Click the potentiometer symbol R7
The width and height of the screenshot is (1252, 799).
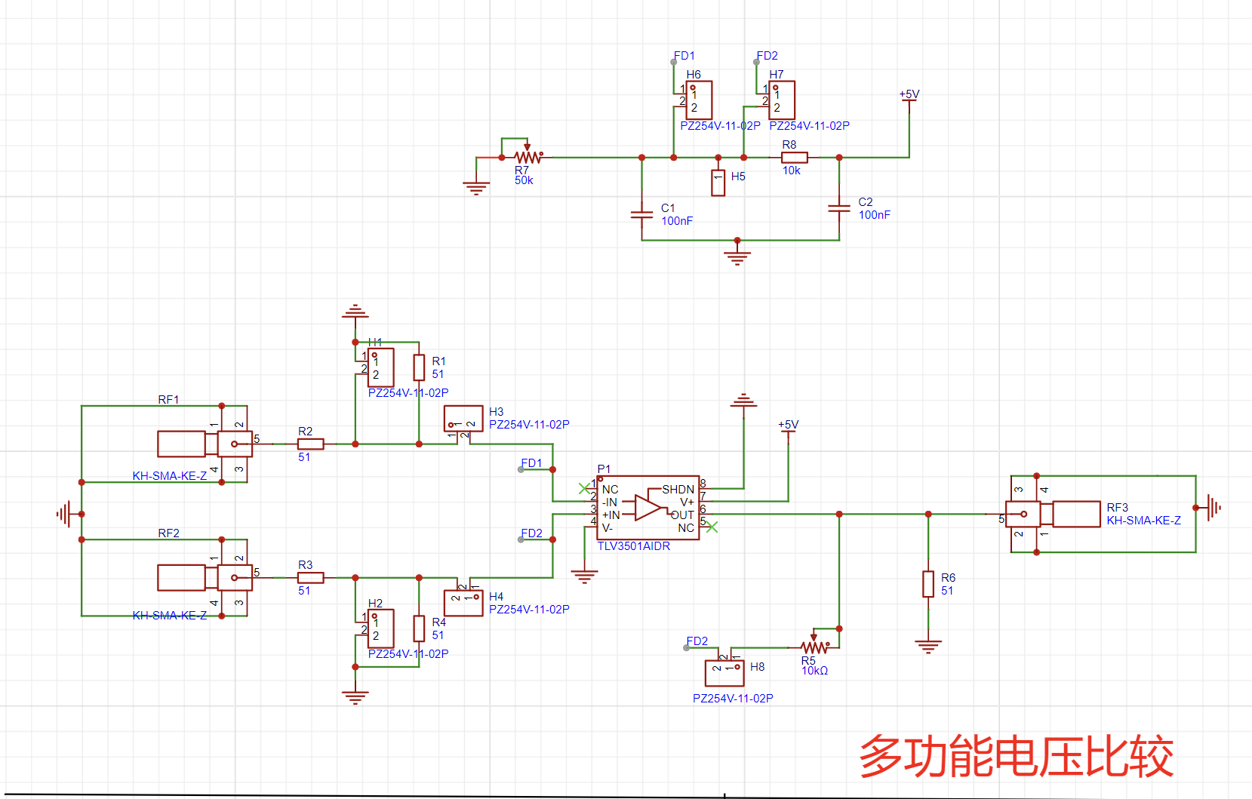[x=528, y=157]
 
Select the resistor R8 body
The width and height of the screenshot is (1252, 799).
[x=794, y=157]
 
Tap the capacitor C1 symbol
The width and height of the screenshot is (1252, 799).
[x=641, y=214]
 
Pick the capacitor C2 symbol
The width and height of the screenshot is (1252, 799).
[x=838, y=208]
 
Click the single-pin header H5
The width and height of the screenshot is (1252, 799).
[x=718, y=183]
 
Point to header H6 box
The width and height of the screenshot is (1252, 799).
[x=699, y=100]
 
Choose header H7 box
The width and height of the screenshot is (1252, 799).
[x=782, y=100]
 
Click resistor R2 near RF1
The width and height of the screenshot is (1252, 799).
[x=311, y=444]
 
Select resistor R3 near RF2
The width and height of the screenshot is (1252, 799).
[x=311, y=577]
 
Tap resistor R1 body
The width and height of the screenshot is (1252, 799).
[x=419, y=367]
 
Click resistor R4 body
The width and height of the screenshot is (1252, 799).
[x=419, y=628]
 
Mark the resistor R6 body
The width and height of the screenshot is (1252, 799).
[x=928, y=584]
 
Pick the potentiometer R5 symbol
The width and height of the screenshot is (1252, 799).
[x=814, y=647]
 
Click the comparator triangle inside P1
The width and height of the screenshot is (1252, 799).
[x=648, y=508]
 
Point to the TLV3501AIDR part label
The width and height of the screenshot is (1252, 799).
[x=634, y=546]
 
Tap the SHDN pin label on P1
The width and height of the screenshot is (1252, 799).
[x=678, y=490]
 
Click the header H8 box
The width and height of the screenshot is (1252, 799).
[x=724, y=672]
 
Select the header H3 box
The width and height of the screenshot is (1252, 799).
[x=463, y=419]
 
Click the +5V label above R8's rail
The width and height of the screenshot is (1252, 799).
[x=909, y=94]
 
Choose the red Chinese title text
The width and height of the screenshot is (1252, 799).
[x=1016, y=756]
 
